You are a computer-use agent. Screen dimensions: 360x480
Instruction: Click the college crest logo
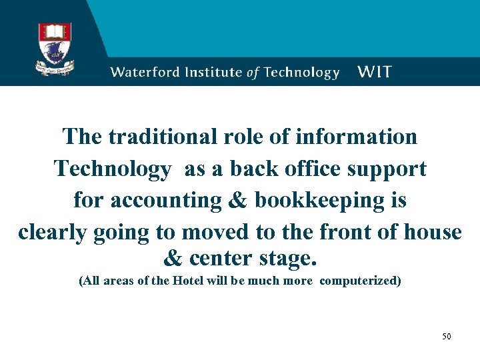[x=55, y=48]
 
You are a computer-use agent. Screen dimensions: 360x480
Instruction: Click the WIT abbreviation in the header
[x=375, y=72]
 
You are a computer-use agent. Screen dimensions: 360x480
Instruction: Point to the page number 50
[x=446, y=336]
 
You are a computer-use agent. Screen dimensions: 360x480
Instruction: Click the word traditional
[x=162, y=137]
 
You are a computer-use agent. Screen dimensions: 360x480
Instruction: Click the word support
[x=387, y=169]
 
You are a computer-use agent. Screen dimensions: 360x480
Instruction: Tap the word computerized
[x=360, y=281]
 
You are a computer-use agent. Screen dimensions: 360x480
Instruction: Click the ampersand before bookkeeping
[x=237, y=201]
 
